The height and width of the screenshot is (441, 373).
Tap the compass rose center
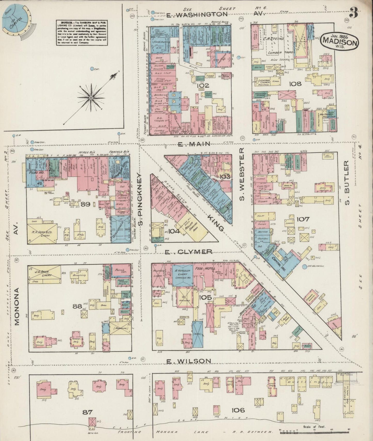91,98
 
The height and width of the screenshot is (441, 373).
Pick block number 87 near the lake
87,412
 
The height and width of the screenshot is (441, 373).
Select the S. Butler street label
347,182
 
